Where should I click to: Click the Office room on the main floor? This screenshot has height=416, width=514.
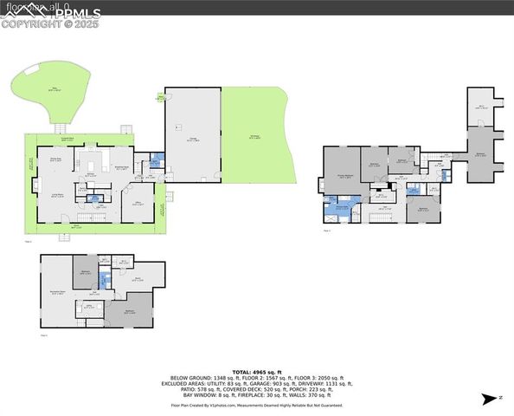(138, 205)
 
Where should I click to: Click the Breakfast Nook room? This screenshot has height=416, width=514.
(122, 169)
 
